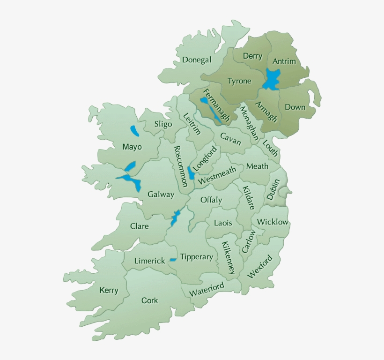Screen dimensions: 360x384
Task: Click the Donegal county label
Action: (x=197, y=60)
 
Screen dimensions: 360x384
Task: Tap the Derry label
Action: (x=252, y=56)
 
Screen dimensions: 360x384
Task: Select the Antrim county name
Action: (x=284, y=61)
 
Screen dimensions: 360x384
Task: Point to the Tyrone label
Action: (x=239, y=81)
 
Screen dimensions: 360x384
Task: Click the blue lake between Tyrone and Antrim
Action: (x=271, y=79)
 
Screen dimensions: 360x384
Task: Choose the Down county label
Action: (x=295, y=107)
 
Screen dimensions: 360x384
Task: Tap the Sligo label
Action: (x=163, y=124)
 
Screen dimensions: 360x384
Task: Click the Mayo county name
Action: (x=132, y=147)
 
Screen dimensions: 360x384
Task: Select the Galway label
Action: (x=161, y=194)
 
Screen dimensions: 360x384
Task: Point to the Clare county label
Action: (x=139, y=226)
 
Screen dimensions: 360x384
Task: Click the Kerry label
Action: (x=109, y=290)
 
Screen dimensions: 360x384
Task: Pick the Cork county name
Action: (x=150, y=300)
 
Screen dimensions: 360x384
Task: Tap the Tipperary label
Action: (x=197, y=257)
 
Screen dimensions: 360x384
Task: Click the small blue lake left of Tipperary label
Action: (x=173, y=259)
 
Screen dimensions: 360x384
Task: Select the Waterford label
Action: (x=207, y=289)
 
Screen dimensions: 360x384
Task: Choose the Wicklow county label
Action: (x=273, y=222)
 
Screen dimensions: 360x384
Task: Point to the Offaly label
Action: (x=211, y=200)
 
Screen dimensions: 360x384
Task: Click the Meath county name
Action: (x=257, y=166)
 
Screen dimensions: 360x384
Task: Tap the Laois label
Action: (x=223, y=223)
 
